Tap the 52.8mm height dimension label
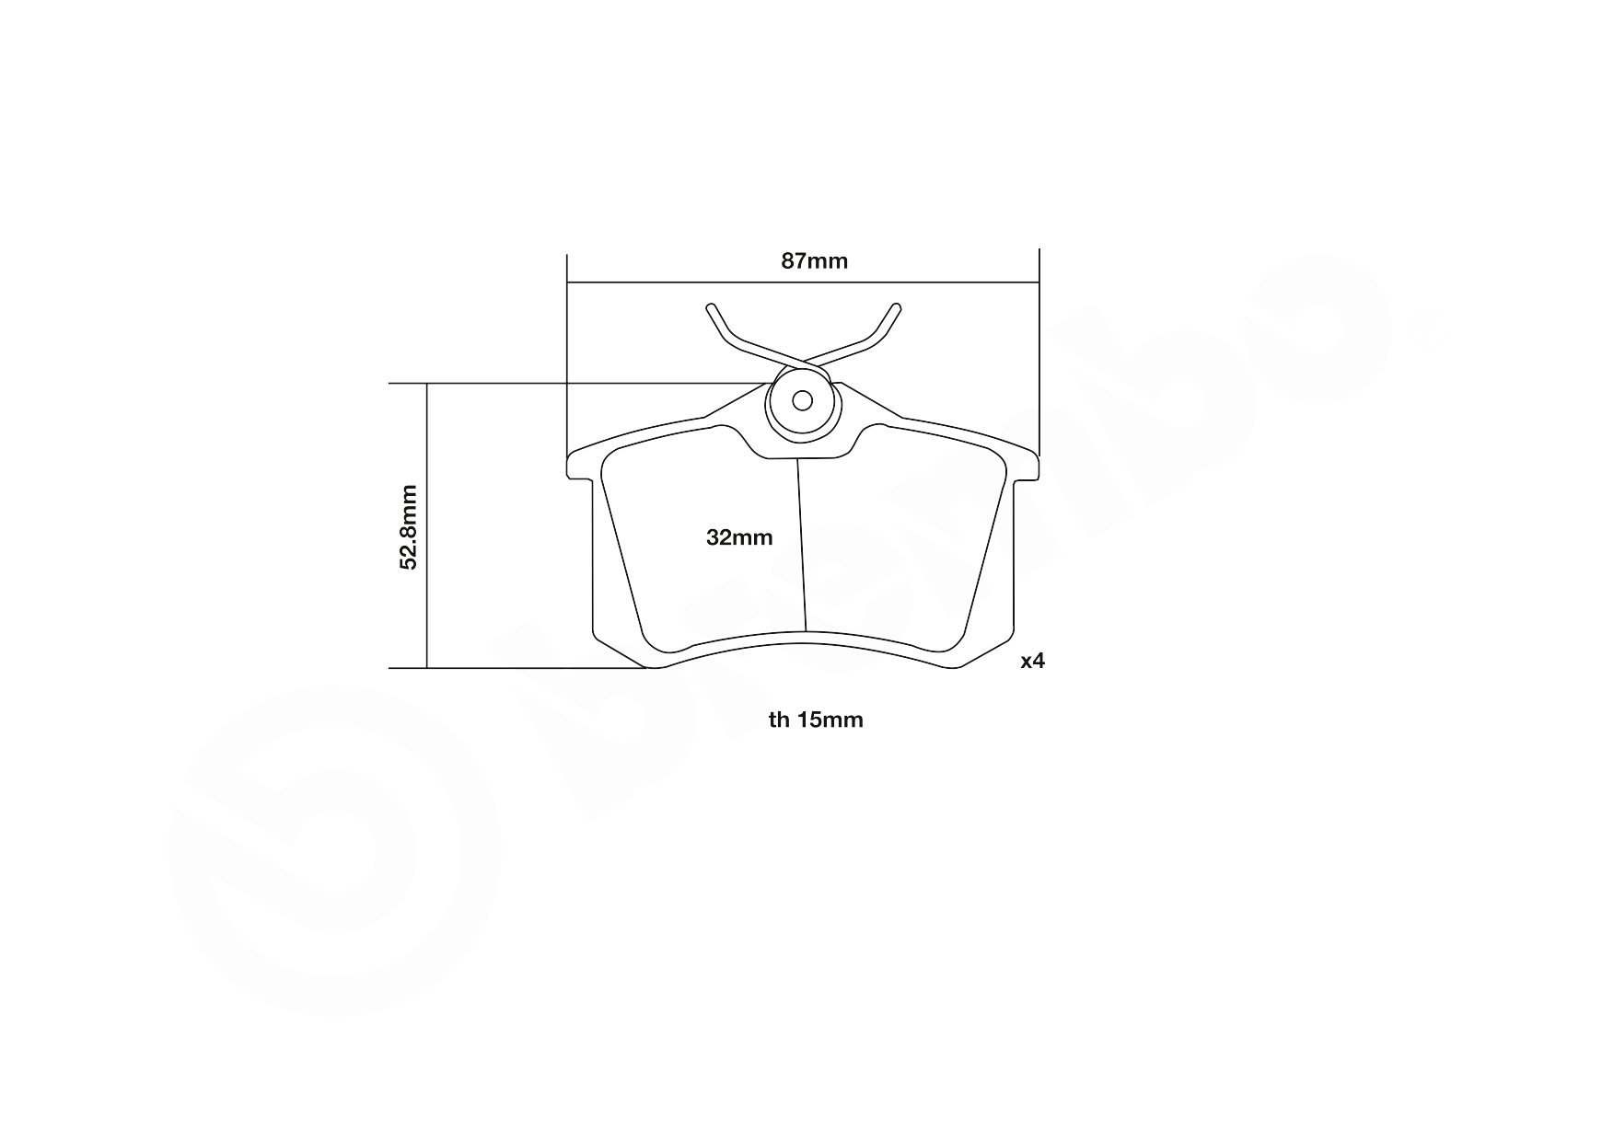click(x=409, y=527)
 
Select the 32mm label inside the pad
click(x=739, y=538)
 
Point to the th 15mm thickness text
click(x=816, y=720)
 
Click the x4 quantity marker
click(x=1032, y=661)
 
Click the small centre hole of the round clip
click(x=802, y=400)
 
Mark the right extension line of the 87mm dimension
click(x=1039, y=359)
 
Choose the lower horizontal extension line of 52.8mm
click(x=516, y=668)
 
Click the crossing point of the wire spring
click(x=803, y=359)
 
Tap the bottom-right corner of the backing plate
click(x=958, y=664)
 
